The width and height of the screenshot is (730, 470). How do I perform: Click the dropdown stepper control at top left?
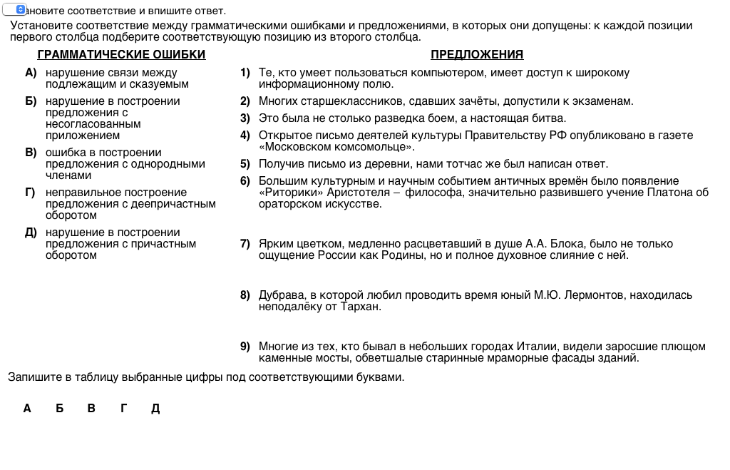[19, 9]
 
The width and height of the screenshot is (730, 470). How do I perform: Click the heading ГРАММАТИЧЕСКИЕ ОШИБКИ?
[121, 55]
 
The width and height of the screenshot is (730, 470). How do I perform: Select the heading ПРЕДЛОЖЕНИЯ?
[477, 55]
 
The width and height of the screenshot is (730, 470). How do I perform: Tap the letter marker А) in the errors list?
[31, 73]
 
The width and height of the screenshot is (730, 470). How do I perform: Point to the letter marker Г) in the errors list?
[31, 193]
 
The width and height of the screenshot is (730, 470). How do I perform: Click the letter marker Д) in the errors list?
[31, 233]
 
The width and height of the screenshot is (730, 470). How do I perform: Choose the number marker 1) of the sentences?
[245, 73]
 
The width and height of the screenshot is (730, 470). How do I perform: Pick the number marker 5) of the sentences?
[245, 164]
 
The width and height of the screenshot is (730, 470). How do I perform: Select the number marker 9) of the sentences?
[245, 347]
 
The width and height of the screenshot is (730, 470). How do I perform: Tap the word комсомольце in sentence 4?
[374, 147]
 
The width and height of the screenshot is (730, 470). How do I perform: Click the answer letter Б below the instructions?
[60, 409]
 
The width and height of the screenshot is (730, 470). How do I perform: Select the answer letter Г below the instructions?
[124, 409]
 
